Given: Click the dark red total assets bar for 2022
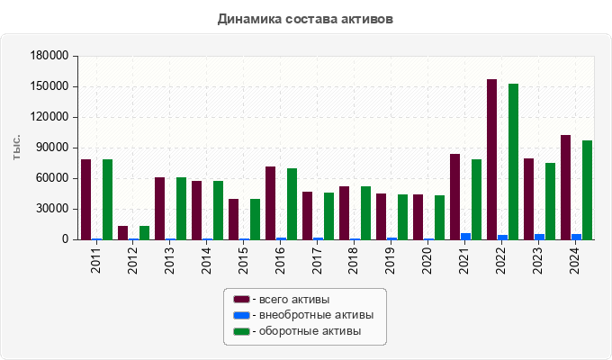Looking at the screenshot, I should [x=491, y=159].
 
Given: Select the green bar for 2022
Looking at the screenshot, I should [x=513, y=162].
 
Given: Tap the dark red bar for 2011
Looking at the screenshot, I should [x=85, y=199].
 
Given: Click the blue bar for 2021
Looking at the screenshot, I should [x=465, y=236].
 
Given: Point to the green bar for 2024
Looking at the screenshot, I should [x=587, y=190].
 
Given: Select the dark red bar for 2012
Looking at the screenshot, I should [x=122, y=232].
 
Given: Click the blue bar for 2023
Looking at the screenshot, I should [x=539, y=237].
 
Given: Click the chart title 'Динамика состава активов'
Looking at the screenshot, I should [x=305, y=18].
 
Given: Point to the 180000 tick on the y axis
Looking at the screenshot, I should [x=50, y=56].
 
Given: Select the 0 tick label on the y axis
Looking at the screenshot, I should [x=65, y=239].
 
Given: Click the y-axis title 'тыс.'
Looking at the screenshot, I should [x=16, y=148].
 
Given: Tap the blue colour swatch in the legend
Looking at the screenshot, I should [x=241, y=315].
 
